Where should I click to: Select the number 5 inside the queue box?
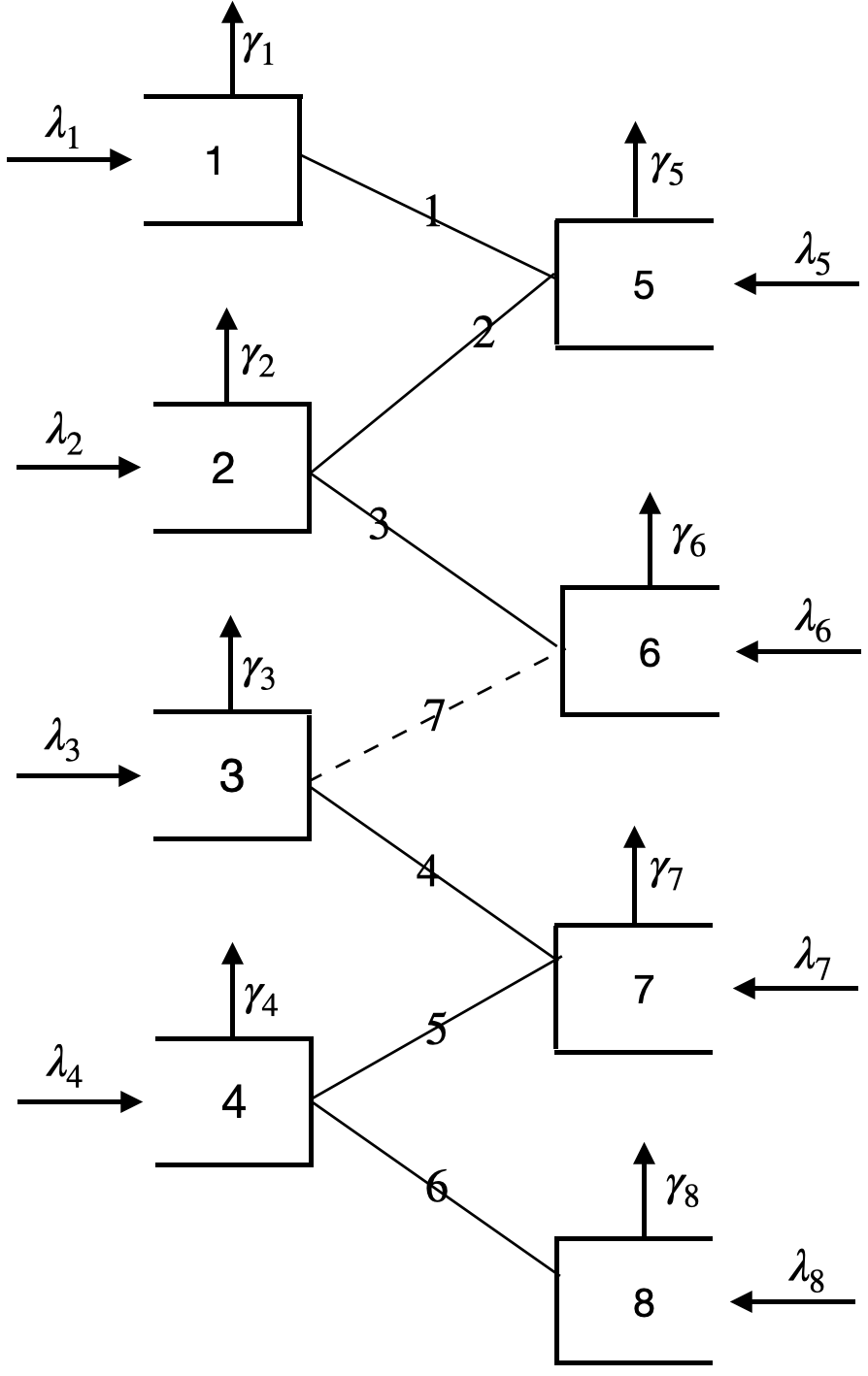pos(643,286)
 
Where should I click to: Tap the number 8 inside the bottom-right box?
pos(643,1304)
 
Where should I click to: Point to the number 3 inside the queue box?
pos(231,777)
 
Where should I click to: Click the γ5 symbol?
pos(667,170)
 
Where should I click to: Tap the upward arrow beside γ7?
pos(635,873)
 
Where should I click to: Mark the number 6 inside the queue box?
pos(650,653)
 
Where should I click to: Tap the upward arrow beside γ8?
pos(643,1189)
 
